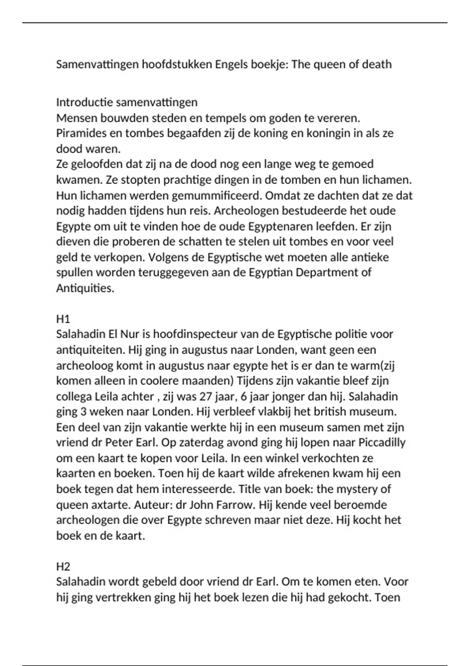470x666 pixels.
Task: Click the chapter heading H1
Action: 63,319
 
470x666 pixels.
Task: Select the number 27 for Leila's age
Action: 206,396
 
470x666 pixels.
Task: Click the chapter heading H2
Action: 63,566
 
